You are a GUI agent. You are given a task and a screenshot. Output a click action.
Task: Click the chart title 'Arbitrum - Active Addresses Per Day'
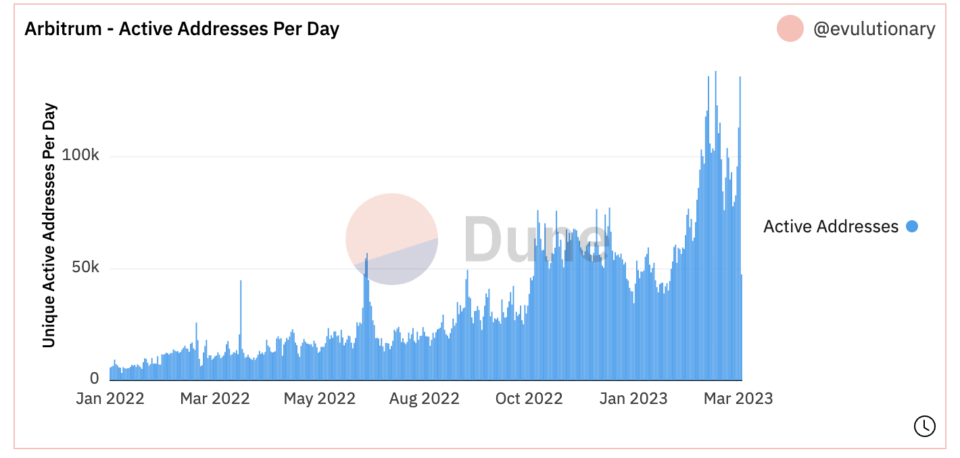[x=182, y=29]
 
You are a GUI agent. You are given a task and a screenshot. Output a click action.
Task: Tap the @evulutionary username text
[x=874, y=29]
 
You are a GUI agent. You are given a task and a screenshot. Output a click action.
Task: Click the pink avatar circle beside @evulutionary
[x=790, y=28]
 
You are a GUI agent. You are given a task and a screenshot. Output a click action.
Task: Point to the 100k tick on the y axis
[x=80, y=155]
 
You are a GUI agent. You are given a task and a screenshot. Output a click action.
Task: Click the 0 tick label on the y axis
[x=94, y=378]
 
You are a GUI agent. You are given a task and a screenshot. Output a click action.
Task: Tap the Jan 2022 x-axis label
[x=110, y=399]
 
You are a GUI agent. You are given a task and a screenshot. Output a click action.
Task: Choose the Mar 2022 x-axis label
[x=214, y=399]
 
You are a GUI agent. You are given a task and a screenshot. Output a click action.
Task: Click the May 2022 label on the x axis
[x=319, y=399]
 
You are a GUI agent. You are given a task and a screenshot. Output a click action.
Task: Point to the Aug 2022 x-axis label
[x=424, y=399]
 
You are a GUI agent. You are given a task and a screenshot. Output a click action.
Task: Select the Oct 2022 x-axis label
[x=529, y=399]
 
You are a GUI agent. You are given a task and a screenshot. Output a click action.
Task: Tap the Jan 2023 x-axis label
[x=633, y=399]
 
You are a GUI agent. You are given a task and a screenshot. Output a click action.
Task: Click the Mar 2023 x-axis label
[x=738, y=399]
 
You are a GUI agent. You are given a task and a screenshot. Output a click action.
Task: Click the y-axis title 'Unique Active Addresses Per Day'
[x=49, y=226]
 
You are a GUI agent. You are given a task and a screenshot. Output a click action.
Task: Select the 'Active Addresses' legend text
[x=831, y=226]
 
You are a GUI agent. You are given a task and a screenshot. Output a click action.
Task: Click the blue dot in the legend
[x=912, y=226]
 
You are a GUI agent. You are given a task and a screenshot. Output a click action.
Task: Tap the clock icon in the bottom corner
[x=924, y=426]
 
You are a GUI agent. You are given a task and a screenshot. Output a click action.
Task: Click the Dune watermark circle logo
[x=391, y=238]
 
